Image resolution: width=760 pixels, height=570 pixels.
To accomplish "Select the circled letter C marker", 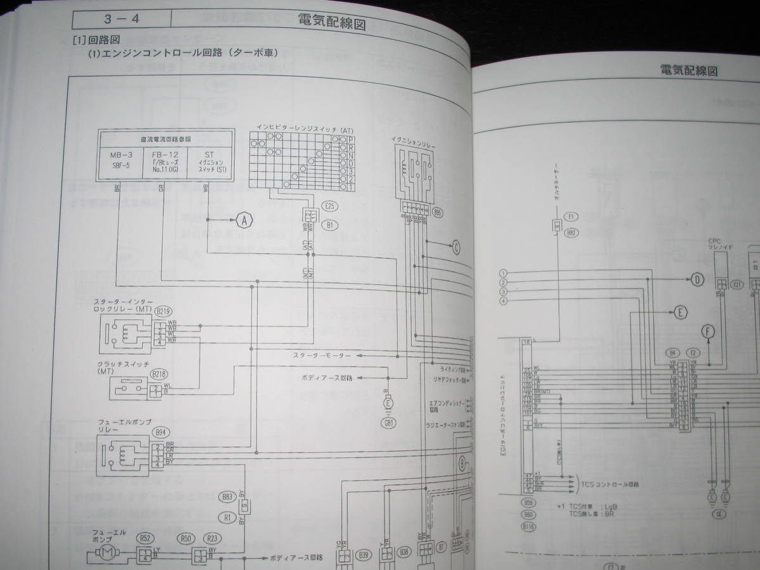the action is (x=456, y=248).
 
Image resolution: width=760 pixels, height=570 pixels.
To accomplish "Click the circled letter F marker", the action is (x=708, y=330).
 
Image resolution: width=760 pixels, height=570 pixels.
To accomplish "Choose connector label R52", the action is (x=144, y=538).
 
